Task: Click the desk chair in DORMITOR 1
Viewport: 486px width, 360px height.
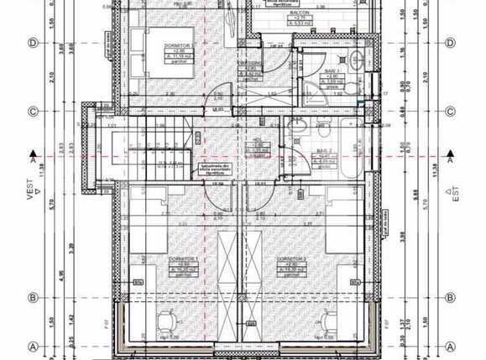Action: pyautogui.click(x=166, y=320)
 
